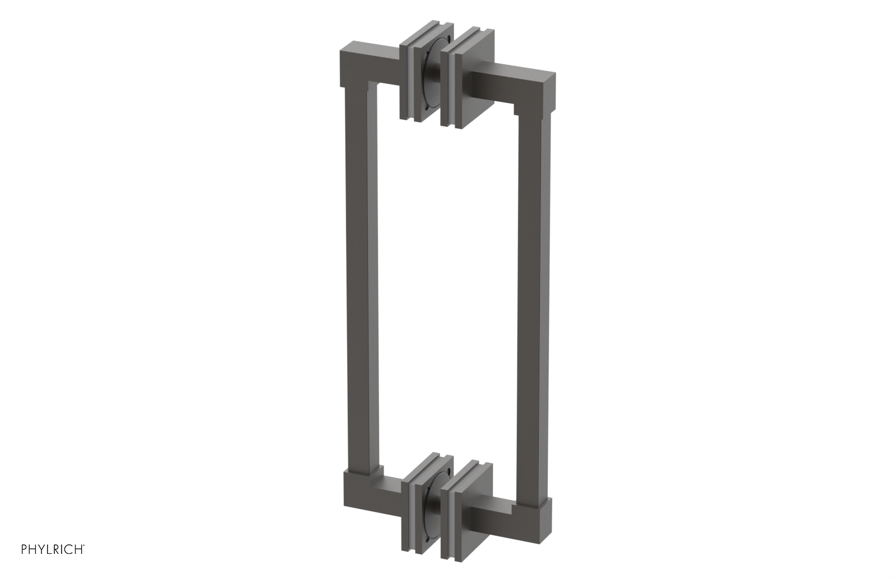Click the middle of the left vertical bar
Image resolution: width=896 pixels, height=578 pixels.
pyautogui.click(x=361, y=280)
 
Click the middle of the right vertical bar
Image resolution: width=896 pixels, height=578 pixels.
pyautogui.click(x=532, y=302)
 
